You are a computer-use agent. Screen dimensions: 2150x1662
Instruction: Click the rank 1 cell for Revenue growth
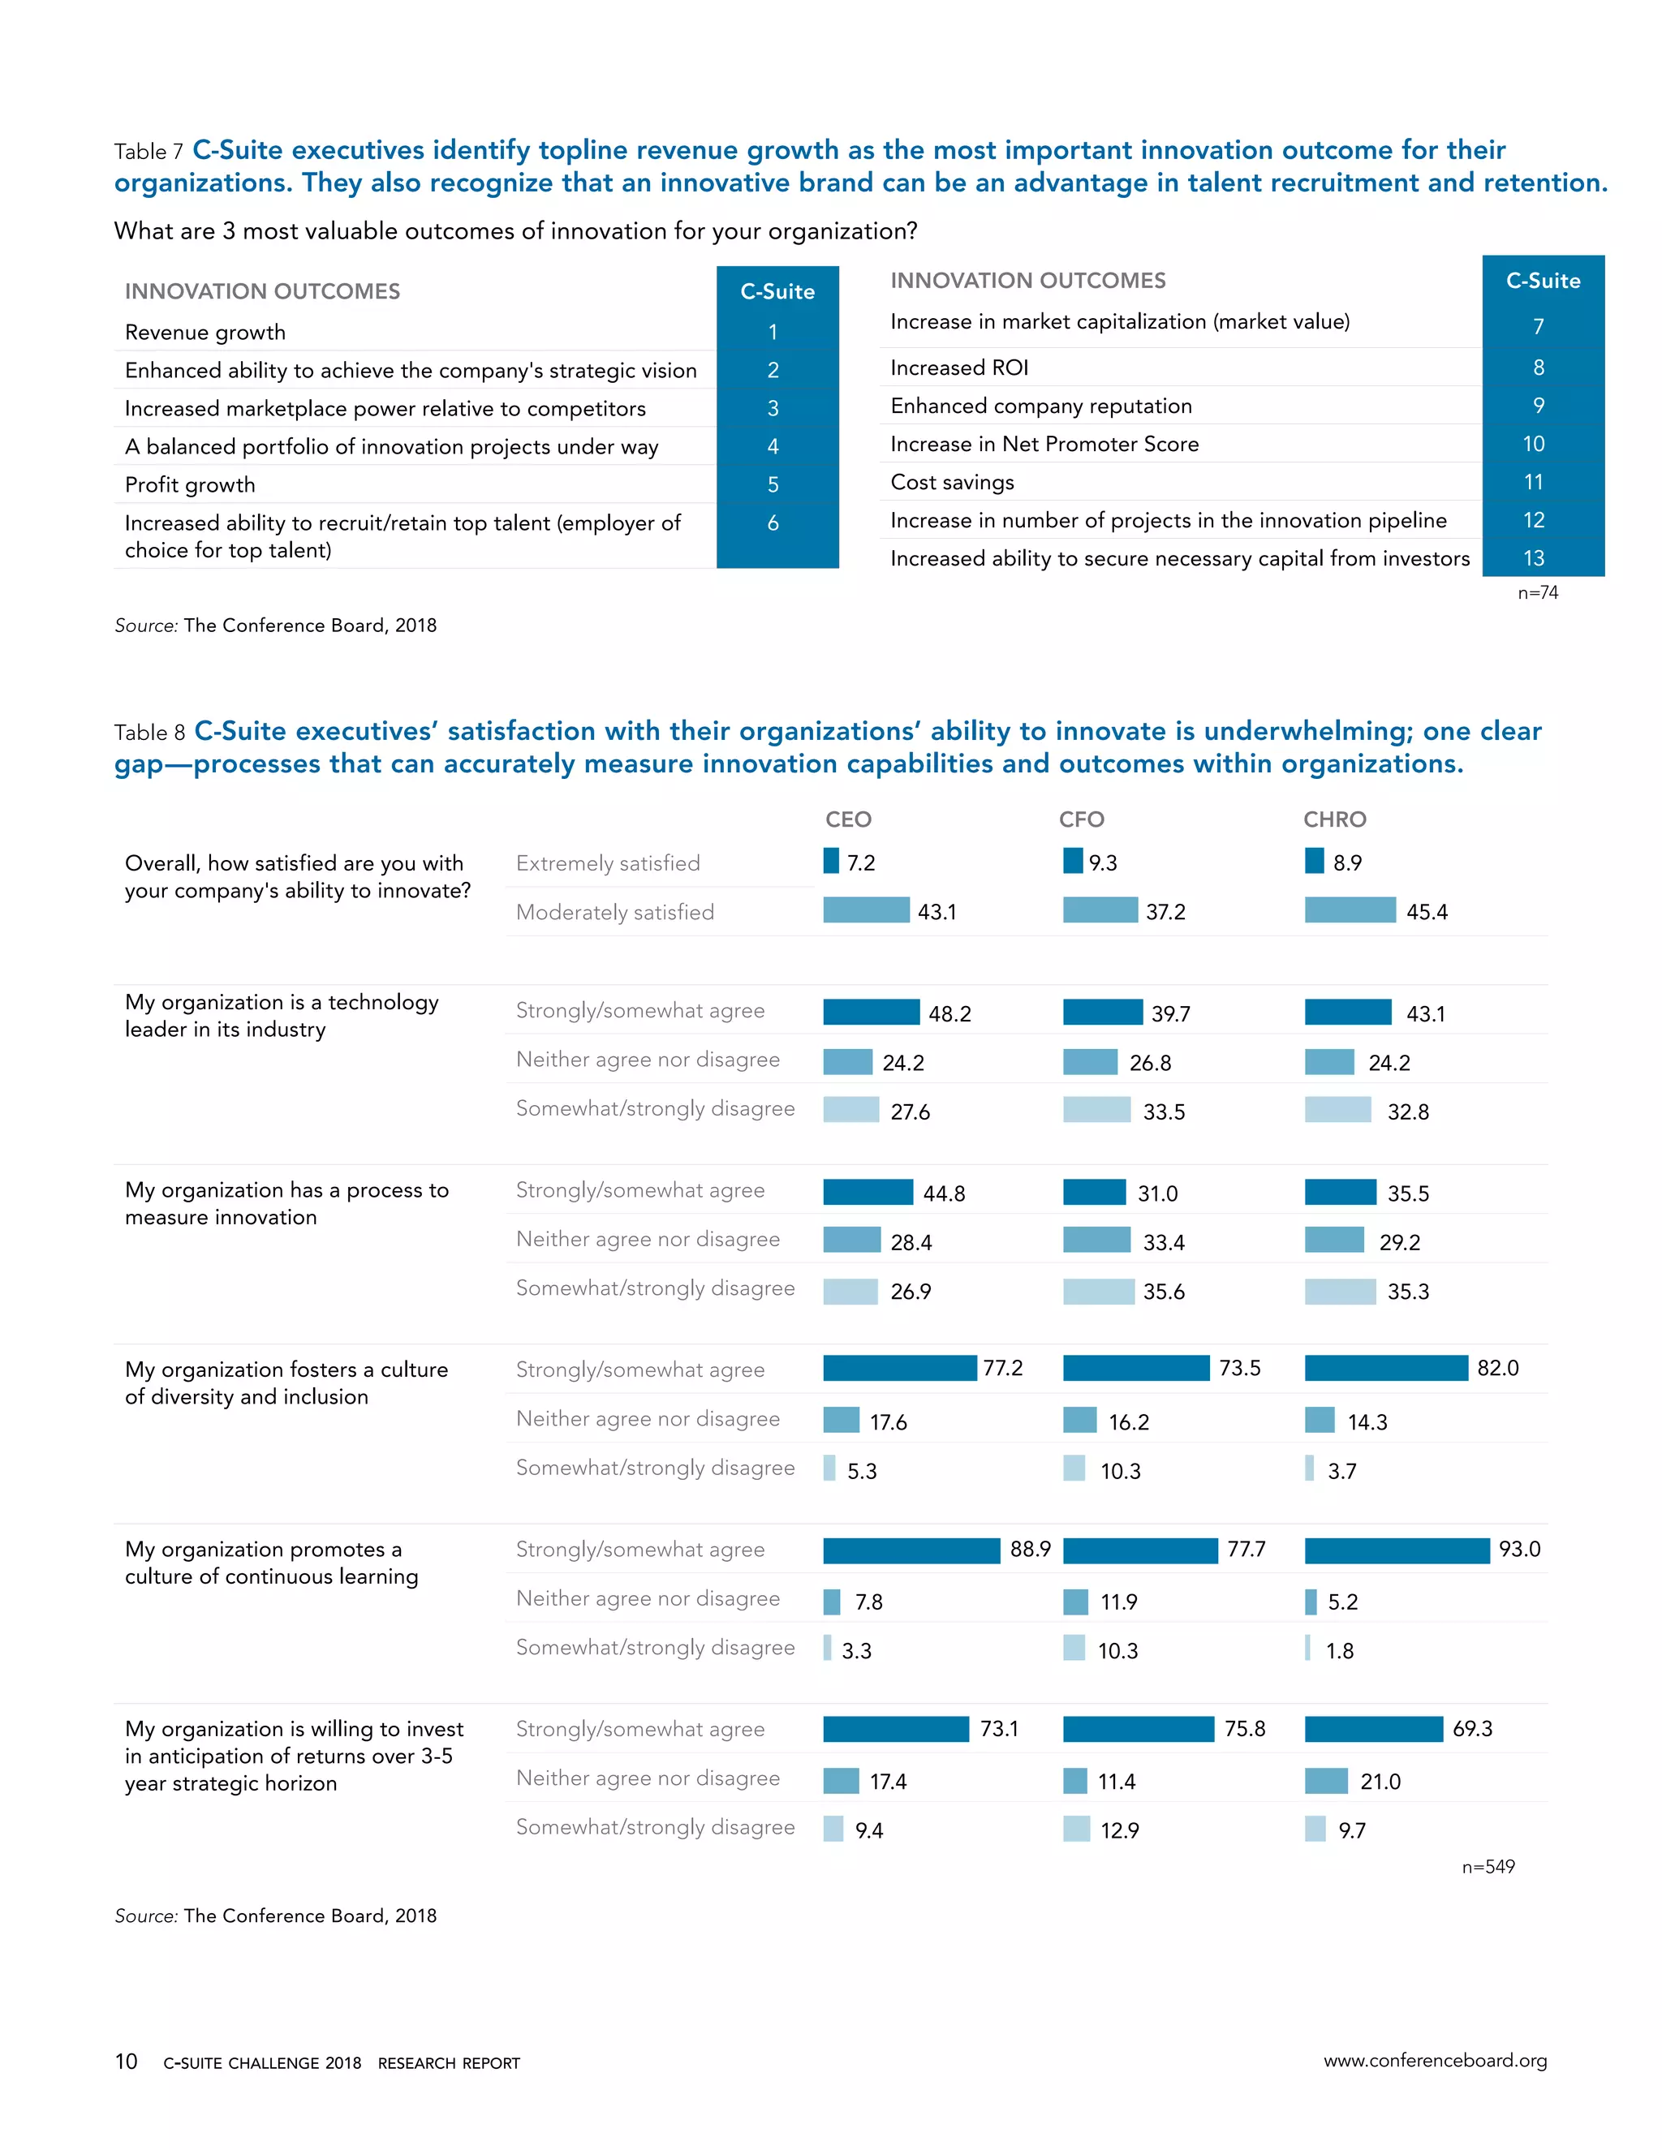pyautogui.click(x=773, y=332)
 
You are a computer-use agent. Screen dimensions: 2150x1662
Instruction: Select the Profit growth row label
pyautogui.click(x=190, y=484)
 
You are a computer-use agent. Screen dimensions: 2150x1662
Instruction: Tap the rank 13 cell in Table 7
pyautogui.click(x=1534, y=558)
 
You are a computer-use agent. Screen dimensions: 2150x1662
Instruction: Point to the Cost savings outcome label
pyautogui.click(x=952, y=483)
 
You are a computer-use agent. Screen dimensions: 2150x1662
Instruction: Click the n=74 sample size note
pyautogui.click(x=1538, y=592)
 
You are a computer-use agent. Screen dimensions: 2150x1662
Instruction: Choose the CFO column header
pyautogui.click(x=1081, y=819)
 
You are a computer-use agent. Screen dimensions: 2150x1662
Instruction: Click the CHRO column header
pyautogui.click(x=1334, y=819)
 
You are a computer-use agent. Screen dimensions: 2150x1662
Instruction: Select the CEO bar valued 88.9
pyautogui.click(x=911, y=1550)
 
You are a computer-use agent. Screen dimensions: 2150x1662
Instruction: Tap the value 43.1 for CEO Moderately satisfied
pyautogui.click(x=936, y=912)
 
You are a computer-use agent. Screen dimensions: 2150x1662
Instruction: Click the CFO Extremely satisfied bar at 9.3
pyautogui.click(x=1072, y=862)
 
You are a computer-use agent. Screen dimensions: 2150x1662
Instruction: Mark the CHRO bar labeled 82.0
pyautogui.click(x=1385, y=1369)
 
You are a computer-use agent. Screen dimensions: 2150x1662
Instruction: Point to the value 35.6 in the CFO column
pyautogui.click(x=1164, y=1292)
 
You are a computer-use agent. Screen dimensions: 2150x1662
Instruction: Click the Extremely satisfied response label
pyautogui.click(x=608, y=863)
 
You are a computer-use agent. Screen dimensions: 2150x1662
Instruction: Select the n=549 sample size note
pyautogui.click(x=1488, y=1867)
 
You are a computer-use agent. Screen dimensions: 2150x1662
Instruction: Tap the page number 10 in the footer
pyautogui.click(x=126, y=2062)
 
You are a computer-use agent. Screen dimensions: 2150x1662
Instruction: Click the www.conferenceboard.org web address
pyautogui.click(x=1435, y=2061)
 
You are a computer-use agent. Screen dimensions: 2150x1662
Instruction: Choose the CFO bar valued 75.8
pyautogui.click(x=1139, y=1729)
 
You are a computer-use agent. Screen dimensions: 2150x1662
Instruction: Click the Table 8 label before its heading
pyautogui.click(x=149, y=733)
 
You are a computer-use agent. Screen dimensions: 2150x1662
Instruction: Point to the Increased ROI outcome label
pyautogui.click(x=959, y=368)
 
